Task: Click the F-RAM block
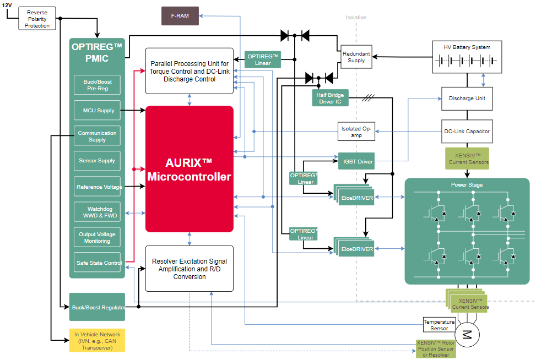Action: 180,16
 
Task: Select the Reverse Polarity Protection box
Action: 37,19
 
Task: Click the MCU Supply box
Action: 97,111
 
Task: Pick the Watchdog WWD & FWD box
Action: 97,212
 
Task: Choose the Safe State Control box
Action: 97,263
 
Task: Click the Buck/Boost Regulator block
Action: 98,307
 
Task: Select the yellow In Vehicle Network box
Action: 98,340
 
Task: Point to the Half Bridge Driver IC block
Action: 331,99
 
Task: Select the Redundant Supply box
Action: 356,57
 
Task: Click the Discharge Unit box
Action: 467,99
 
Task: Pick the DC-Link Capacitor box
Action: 467,132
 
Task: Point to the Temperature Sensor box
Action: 438,325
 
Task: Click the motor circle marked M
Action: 467,334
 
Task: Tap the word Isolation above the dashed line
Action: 356,18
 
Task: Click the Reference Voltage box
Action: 97,187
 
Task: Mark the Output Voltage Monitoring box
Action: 97,238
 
